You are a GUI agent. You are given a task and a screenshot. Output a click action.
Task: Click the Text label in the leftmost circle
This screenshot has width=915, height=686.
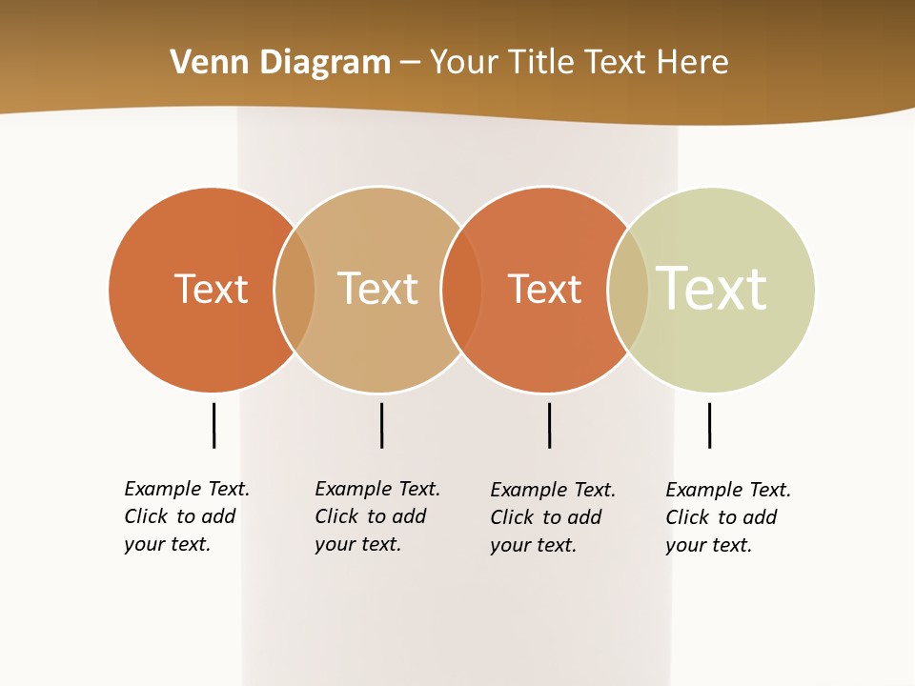pos(211,289)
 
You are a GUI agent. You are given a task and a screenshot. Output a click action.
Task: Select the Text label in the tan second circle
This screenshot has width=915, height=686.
pos(377,289)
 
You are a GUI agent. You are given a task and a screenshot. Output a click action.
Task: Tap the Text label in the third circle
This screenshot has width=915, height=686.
pos(544,289)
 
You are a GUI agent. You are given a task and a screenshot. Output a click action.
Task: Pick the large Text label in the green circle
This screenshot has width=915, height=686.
pos(711,289)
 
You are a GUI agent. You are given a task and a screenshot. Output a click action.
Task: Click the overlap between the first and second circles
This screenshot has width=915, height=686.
pos(295,289)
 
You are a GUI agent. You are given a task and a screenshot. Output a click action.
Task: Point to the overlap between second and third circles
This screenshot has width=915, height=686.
pos(461,289)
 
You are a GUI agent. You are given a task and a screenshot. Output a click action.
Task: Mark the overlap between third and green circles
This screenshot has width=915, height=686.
pos(628,289)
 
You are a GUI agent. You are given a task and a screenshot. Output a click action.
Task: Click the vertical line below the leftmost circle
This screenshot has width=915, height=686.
pos(213,425)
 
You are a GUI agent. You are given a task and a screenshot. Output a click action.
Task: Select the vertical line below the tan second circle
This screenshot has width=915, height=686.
pos(381,425)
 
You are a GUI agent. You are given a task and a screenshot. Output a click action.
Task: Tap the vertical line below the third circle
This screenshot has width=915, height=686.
pos(549,425)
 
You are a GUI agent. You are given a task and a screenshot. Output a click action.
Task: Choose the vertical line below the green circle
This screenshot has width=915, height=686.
pos(709,425)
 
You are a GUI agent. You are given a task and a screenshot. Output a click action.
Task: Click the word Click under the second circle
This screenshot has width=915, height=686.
pos(336,516)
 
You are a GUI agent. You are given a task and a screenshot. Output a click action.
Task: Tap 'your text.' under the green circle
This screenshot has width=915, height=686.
pos(708,545)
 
